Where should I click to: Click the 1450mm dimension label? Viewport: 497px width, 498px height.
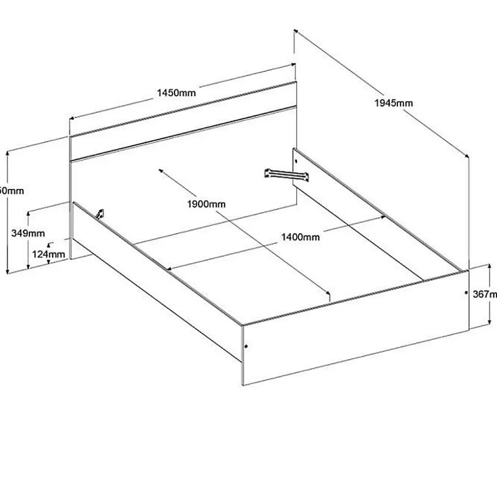(x=176, y=93)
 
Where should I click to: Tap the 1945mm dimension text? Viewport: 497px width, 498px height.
(x=394, y=103)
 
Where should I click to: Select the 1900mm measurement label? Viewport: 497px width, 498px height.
(x=206, y=204)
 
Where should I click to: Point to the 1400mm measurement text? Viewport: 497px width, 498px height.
(x=300, y=237)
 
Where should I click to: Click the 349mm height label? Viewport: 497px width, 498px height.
(x=28, y=233)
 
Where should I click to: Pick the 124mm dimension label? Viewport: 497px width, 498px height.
(x=49, y=254)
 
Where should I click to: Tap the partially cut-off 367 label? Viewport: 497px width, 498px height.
(x=485, y=294)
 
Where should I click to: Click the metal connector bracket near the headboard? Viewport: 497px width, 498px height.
(x=287, y=175)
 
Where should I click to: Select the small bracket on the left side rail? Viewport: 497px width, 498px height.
(x=100, y=213)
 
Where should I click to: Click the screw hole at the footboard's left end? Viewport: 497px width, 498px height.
(x=246, y=347)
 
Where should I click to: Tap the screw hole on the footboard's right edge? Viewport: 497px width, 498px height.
(x=465, y=293)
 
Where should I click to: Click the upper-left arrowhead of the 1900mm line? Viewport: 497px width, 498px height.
(x=161, y=171)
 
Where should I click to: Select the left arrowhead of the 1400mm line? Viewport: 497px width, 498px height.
(x=167, y=268)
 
